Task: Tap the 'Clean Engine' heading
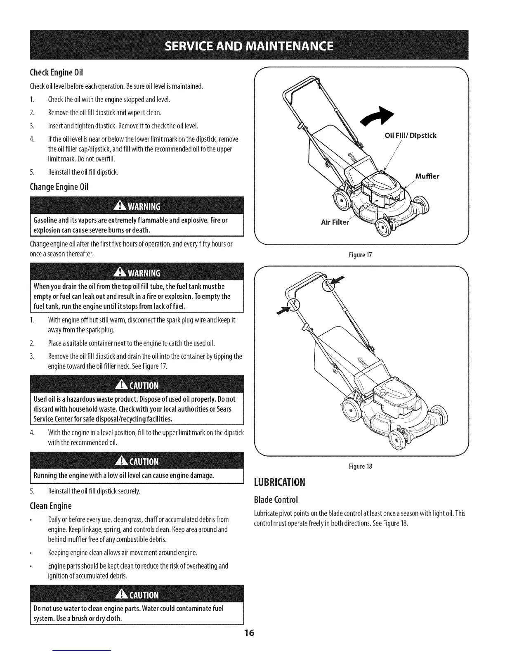(x=51, y=506)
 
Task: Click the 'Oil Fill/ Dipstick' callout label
(x=410, y=135)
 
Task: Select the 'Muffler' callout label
(x=427, y=177)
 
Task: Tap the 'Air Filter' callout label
(x=335, y=223)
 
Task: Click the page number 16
(x=250, y=633)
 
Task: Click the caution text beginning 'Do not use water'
(x=128, y=614)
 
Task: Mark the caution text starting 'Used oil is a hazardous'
(x=134, y=409)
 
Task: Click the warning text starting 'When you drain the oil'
(x=131, y=296)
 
